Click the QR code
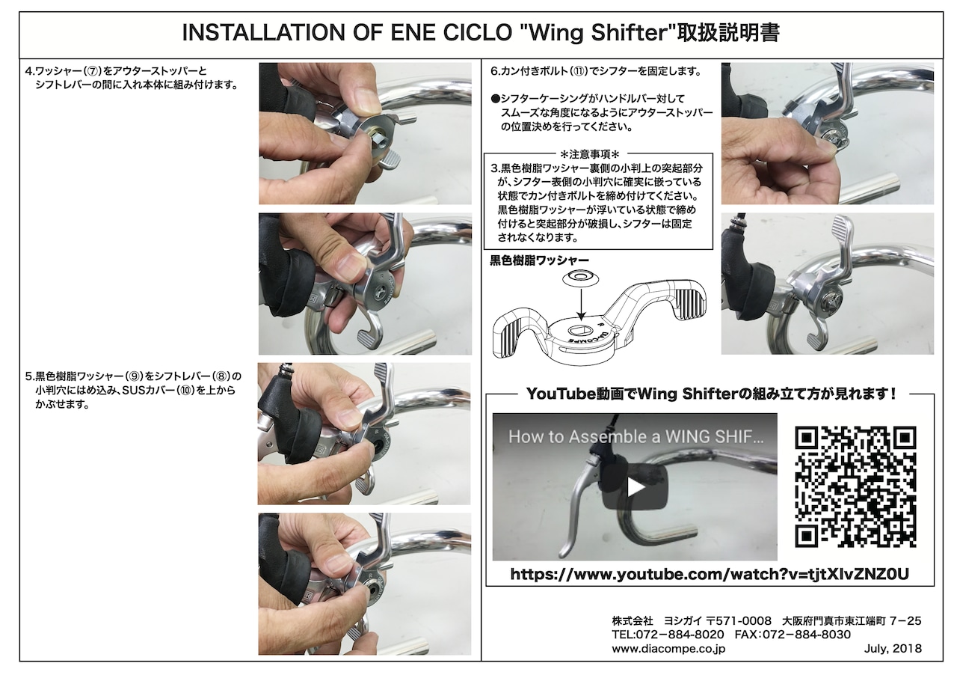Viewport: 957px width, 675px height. click(855, 486)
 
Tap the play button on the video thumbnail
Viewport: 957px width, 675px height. click(635, 487)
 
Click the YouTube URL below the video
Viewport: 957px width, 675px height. click(710, 574)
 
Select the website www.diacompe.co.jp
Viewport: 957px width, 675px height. click(668, 649)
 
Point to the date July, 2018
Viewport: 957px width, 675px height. click(893, 649)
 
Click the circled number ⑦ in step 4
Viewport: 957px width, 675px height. click(91, 71)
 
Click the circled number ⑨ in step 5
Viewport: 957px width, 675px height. click(134, 376)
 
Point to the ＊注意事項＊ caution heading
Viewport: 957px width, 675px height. click(589, 153)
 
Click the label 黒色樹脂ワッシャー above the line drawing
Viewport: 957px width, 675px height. click(539, 260)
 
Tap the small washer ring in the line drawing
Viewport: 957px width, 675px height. click(579, 278)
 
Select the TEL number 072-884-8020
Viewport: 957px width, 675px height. click(668, 635)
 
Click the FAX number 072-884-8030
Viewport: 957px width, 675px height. click(793, 635)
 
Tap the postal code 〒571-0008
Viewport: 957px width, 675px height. click(739, 620)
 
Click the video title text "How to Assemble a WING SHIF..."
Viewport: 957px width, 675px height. click(636, 437)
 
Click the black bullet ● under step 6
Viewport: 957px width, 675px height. click(495, 99)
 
